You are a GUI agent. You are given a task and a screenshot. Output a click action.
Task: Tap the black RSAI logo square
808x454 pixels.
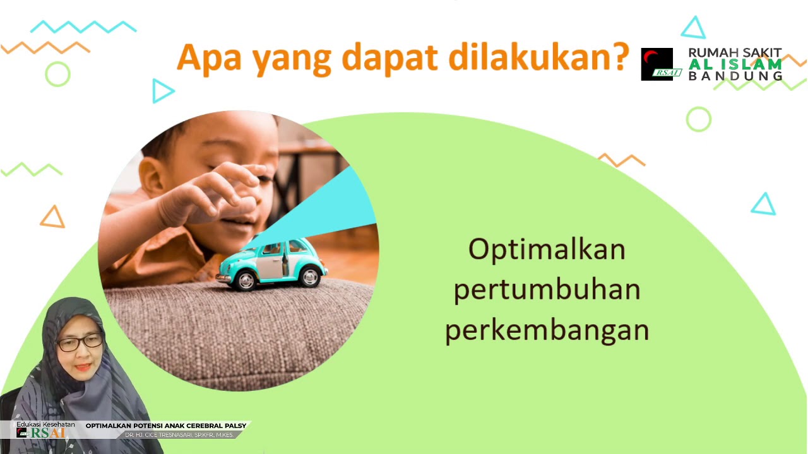point(657,64)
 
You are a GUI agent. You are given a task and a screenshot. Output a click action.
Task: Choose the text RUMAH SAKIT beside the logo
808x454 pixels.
point(735,53)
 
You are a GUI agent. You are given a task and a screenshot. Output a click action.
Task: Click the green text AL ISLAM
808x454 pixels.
point(735,64)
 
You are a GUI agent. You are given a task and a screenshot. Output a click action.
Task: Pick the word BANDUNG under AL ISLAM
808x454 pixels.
point(735,76)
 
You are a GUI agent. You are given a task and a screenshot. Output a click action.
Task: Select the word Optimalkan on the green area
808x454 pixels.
point(547,250)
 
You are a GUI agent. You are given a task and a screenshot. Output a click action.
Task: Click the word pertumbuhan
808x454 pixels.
point(547,290)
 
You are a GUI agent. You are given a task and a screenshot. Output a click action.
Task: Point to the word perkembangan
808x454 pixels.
point(547,330)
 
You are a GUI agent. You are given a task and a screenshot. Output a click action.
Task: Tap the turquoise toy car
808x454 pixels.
point(271,263)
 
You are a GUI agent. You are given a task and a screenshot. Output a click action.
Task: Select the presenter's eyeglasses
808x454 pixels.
point(80,342)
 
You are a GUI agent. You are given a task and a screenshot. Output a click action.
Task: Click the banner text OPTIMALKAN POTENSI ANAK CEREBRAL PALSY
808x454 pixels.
point(165,426)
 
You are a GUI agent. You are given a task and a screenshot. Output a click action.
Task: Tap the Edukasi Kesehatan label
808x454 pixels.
point(45,424)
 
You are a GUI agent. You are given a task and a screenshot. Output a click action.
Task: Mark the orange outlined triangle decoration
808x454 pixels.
point(52,217)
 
